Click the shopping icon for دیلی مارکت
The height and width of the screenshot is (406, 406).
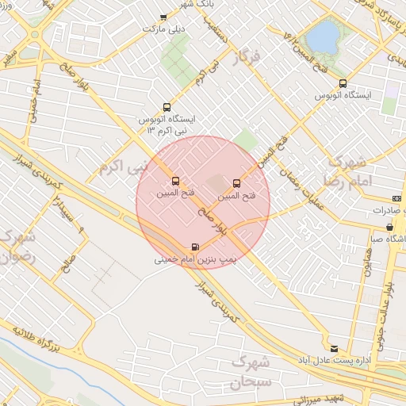pos(163,17)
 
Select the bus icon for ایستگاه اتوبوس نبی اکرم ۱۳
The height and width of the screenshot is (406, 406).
pos(167,106)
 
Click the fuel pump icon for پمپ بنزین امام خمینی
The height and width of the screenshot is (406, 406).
pos(195,247)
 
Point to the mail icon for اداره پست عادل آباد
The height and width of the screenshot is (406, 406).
pos(333,348)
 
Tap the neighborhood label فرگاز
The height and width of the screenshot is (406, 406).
pos(247,58)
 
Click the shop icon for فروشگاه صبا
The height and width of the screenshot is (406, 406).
pos(377,227)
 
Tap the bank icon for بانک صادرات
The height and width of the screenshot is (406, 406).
pos(396,198)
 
